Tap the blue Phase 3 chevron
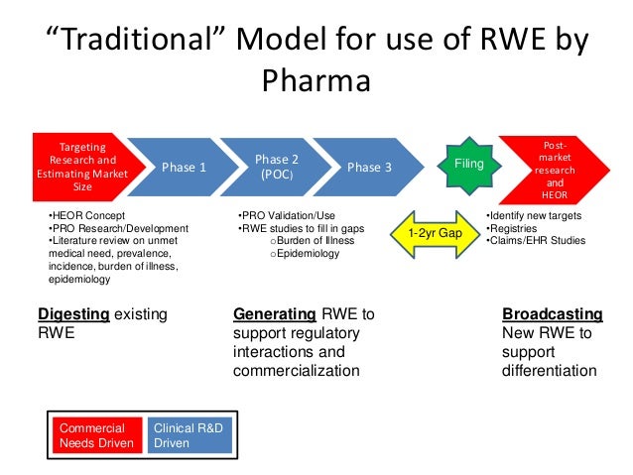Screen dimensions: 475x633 (369, 168)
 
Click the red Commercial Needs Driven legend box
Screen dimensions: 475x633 (96, 435)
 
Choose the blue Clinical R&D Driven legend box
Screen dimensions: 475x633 (189, 435)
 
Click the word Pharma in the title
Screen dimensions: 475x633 (316, 79)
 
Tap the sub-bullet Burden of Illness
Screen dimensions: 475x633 (310, 241)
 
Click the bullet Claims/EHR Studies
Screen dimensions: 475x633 (536, 240)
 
